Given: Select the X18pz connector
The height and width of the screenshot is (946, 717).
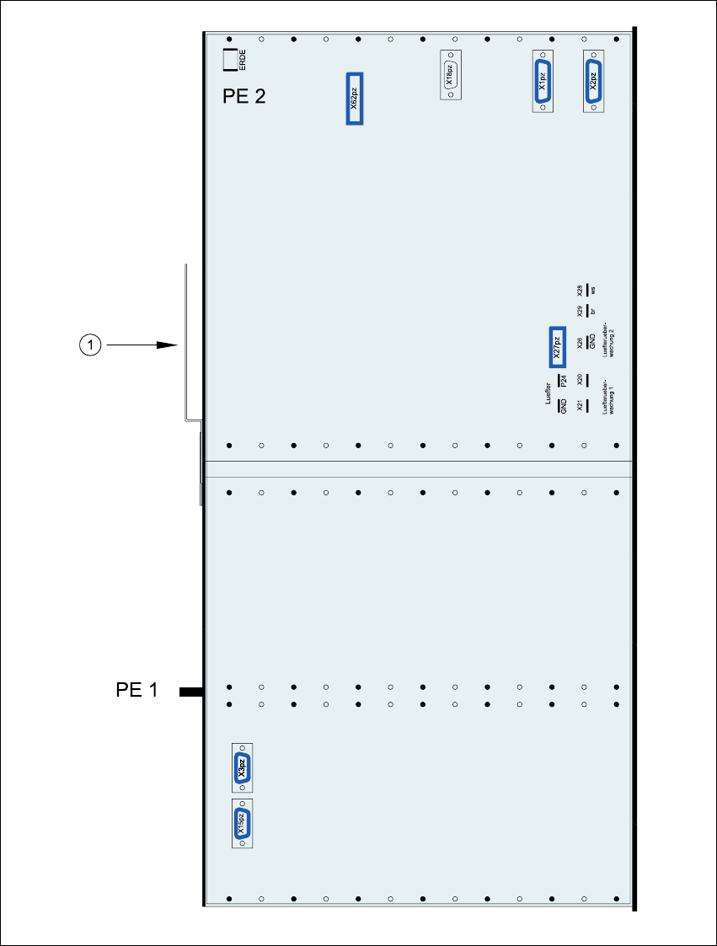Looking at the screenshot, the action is (451, 76).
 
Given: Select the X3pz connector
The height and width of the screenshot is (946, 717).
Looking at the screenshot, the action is (242, 767).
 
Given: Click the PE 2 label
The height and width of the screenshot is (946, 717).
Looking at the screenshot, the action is (243, 96).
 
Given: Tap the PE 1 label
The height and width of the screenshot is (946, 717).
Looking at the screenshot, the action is (137, 691).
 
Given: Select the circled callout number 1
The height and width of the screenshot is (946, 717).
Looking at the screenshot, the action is (91, 344).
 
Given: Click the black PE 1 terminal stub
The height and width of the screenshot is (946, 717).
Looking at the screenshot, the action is (191, 692).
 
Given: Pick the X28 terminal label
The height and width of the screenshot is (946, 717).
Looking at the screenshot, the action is (580, 290).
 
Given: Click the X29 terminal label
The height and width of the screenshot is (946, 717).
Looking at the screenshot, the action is (580, 312).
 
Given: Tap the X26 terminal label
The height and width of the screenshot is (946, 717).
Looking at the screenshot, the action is (580, 343).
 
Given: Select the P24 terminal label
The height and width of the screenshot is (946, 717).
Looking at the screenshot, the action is (563, 381).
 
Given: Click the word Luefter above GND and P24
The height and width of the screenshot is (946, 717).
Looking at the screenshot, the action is (548, 393).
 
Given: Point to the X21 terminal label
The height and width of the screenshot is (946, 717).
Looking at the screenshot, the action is (580, 406).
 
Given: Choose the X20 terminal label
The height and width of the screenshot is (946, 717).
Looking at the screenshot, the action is (580, 380).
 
